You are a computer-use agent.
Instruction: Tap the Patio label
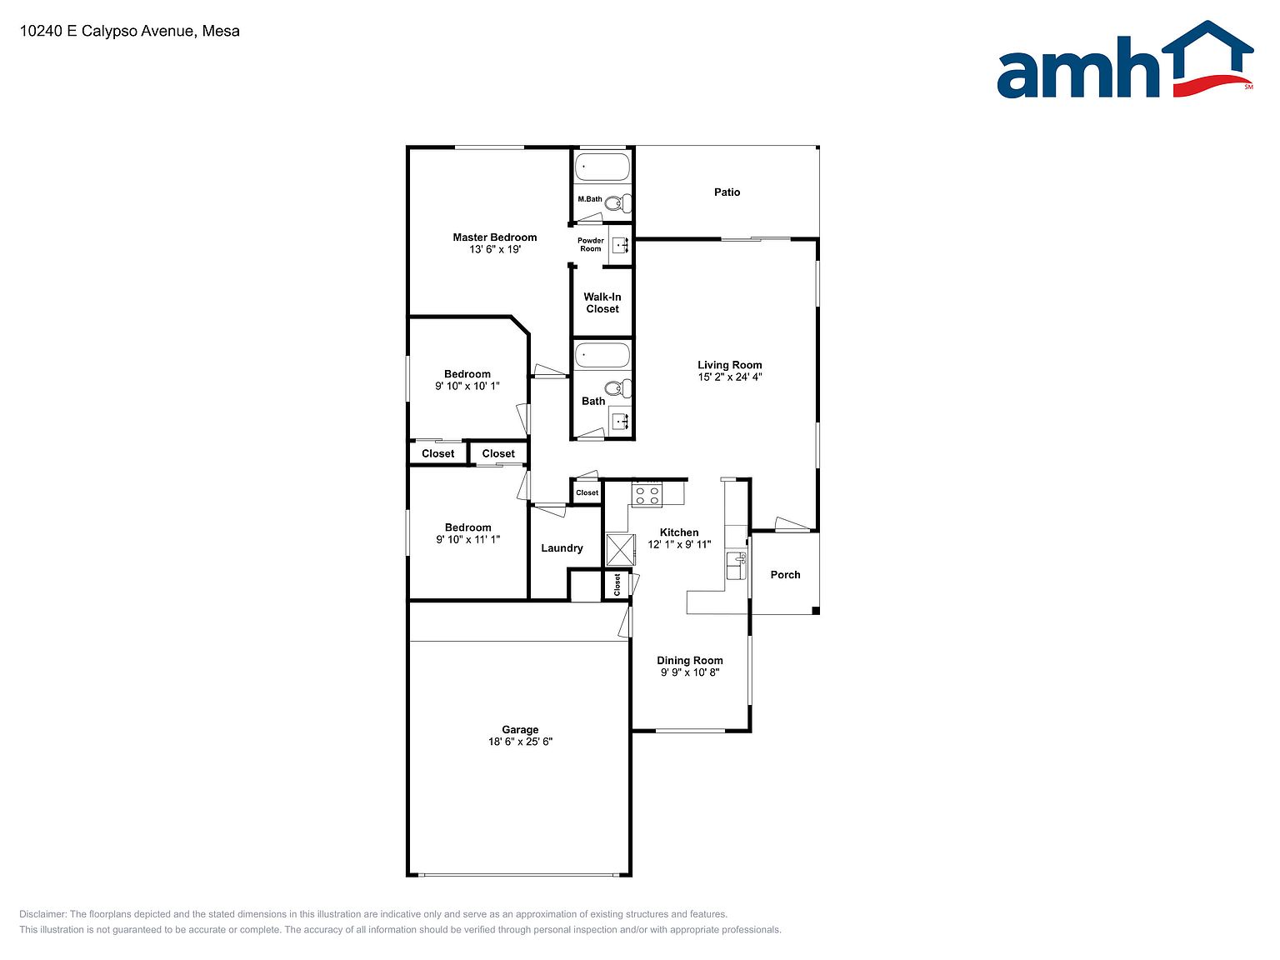[727, 192]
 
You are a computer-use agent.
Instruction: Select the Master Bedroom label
[494, 237]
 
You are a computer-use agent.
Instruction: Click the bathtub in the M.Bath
[602, 167]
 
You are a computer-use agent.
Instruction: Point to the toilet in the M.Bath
[617, 203]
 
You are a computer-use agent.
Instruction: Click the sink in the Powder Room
[621, 245]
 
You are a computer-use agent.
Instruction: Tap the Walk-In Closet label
[602, 303]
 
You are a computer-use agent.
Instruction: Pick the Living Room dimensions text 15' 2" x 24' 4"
[729, 377]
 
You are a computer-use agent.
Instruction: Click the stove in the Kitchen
[647, 495]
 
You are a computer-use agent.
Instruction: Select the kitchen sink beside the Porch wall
[736, 566]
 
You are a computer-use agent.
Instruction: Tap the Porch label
[785, 575]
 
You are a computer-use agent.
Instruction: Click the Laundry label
[562, 548]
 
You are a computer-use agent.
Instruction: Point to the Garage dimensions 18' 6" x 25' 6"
[520, 742]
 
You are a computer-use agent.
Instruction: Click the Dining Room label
[690, 660]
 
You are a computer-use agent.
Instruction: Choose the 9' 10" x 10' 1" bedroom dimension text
[467, 386]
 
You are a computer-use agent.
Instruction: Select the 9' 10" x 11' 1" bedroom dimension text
[467, 540]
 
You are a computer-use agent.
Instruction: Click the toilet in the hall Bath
[617, 387]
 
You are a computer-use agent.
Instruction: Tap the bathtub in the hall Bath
[602, 355]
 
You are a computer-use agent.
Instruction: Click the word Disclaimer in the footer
[42, 914]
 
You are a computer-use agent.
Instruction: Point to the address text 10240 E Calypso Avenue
[107, 31]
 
